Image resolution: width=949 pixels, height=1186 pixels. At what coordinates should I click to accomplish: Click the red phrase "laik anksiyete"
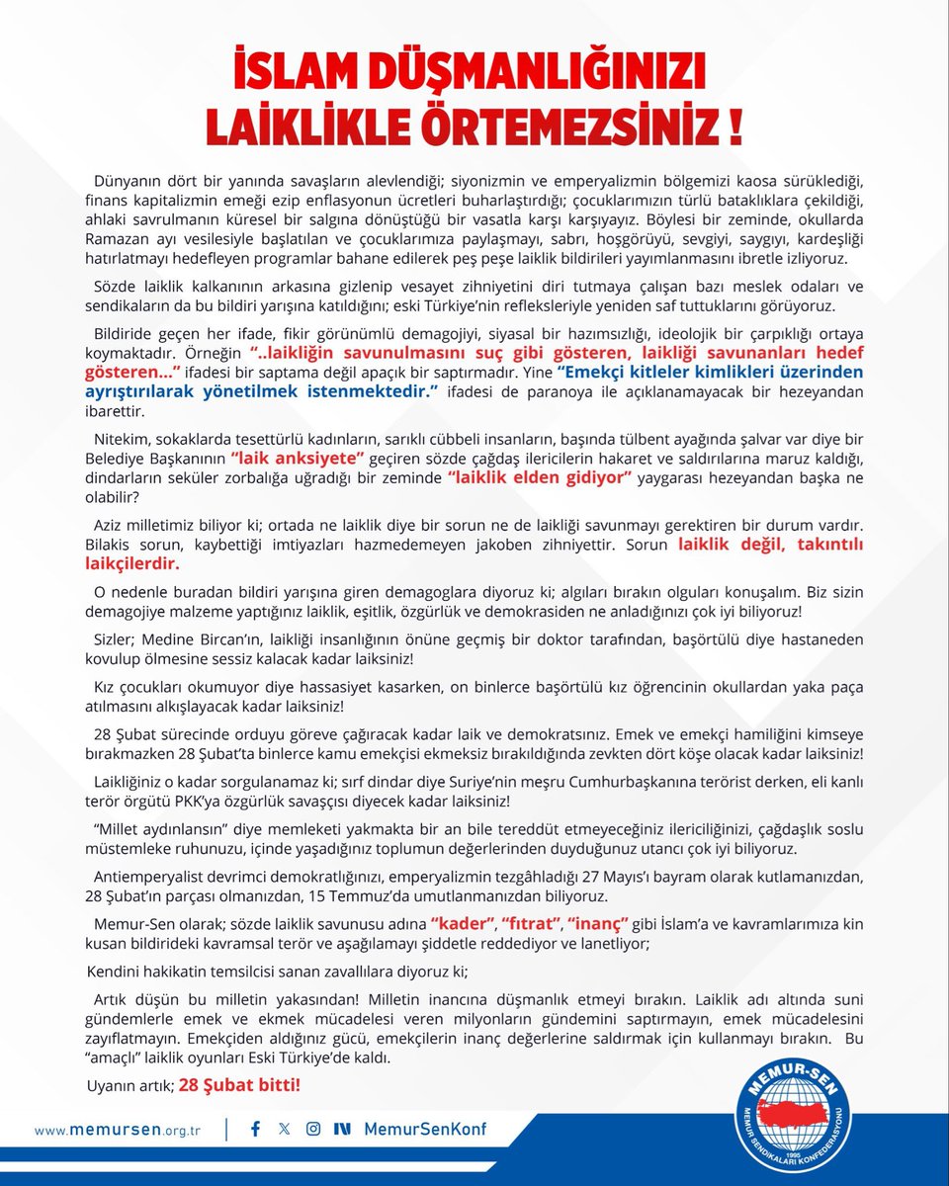[x=299, y=460]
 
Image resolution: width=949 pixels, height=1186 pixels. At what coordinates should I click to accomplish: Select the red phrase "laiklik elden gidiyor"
[x=540, y=477]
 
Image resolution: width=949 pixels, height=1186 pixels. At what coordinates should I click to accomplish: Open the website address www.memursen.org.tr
[x=117, y=1129]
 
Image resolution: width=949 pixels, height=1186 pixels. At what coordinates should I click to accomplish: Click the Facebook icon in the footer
[x=256, y=1129]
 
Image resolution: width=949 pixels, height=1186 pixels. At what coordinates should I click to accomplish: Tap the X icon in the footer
[x=285, y=1129]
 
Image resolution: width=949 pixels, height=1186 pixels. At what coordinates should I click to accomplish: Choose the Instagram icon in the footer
[x=313, y=1129]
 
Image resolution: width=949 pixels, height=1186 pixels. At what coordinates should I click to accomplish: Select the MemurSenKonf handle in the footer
[x=425, y=1129]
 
